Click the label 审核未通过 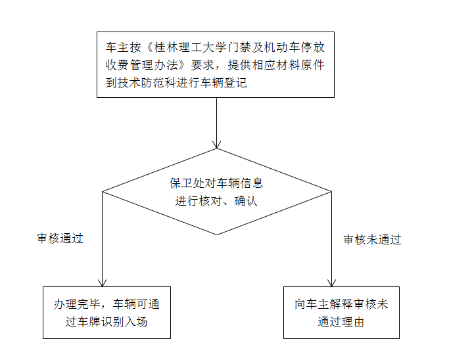pos(372,240)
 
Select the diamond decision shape pos(217,192)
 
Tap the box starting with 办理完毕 pos(106,313)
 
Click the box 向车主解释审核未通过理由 pos(341,313)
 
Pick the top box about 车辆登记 pos(216,65)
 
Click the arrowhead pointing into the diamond pos(217,144)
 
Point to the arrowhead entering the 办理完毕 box pos(103,282)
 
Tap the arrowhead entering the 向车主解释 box pos(332,282)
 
